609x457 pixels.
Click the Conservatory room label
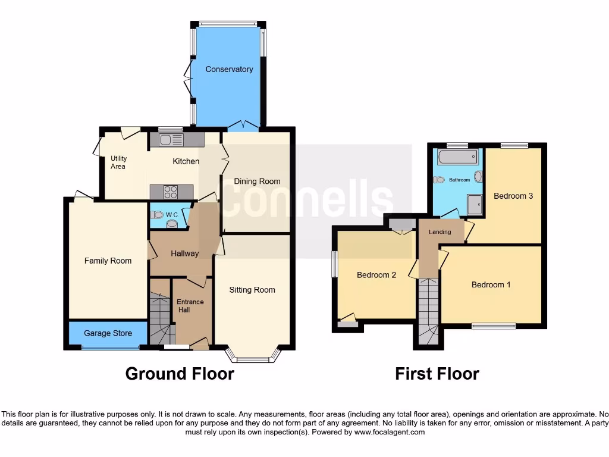pos(229,69)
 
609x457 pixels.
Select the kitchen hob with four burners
pos(171,192)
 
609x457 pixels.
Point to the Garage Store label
pos(108,333)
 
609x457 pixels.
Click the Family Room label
pos(108,261)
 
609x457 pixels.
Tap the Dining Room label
pos(257,181)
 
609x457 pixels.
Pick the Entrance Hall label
pos(190,306)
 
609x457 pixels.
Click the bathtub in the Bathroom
pos(457,158)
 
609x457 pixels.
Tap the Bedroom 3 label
pos(513,196)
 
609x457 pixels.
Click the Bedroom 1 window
pos(494,325)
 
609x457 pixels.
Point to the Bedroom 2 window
pos(335,264)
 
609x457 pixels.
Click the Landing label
pos(440,232)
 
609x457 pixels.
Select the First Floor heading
pos(437,374)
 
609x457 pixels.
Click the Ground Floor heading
pos(180,374)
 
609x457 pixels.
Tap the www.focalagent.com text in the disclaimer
pos(389,432)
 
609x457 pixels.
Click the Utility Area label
pos(118,162)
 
